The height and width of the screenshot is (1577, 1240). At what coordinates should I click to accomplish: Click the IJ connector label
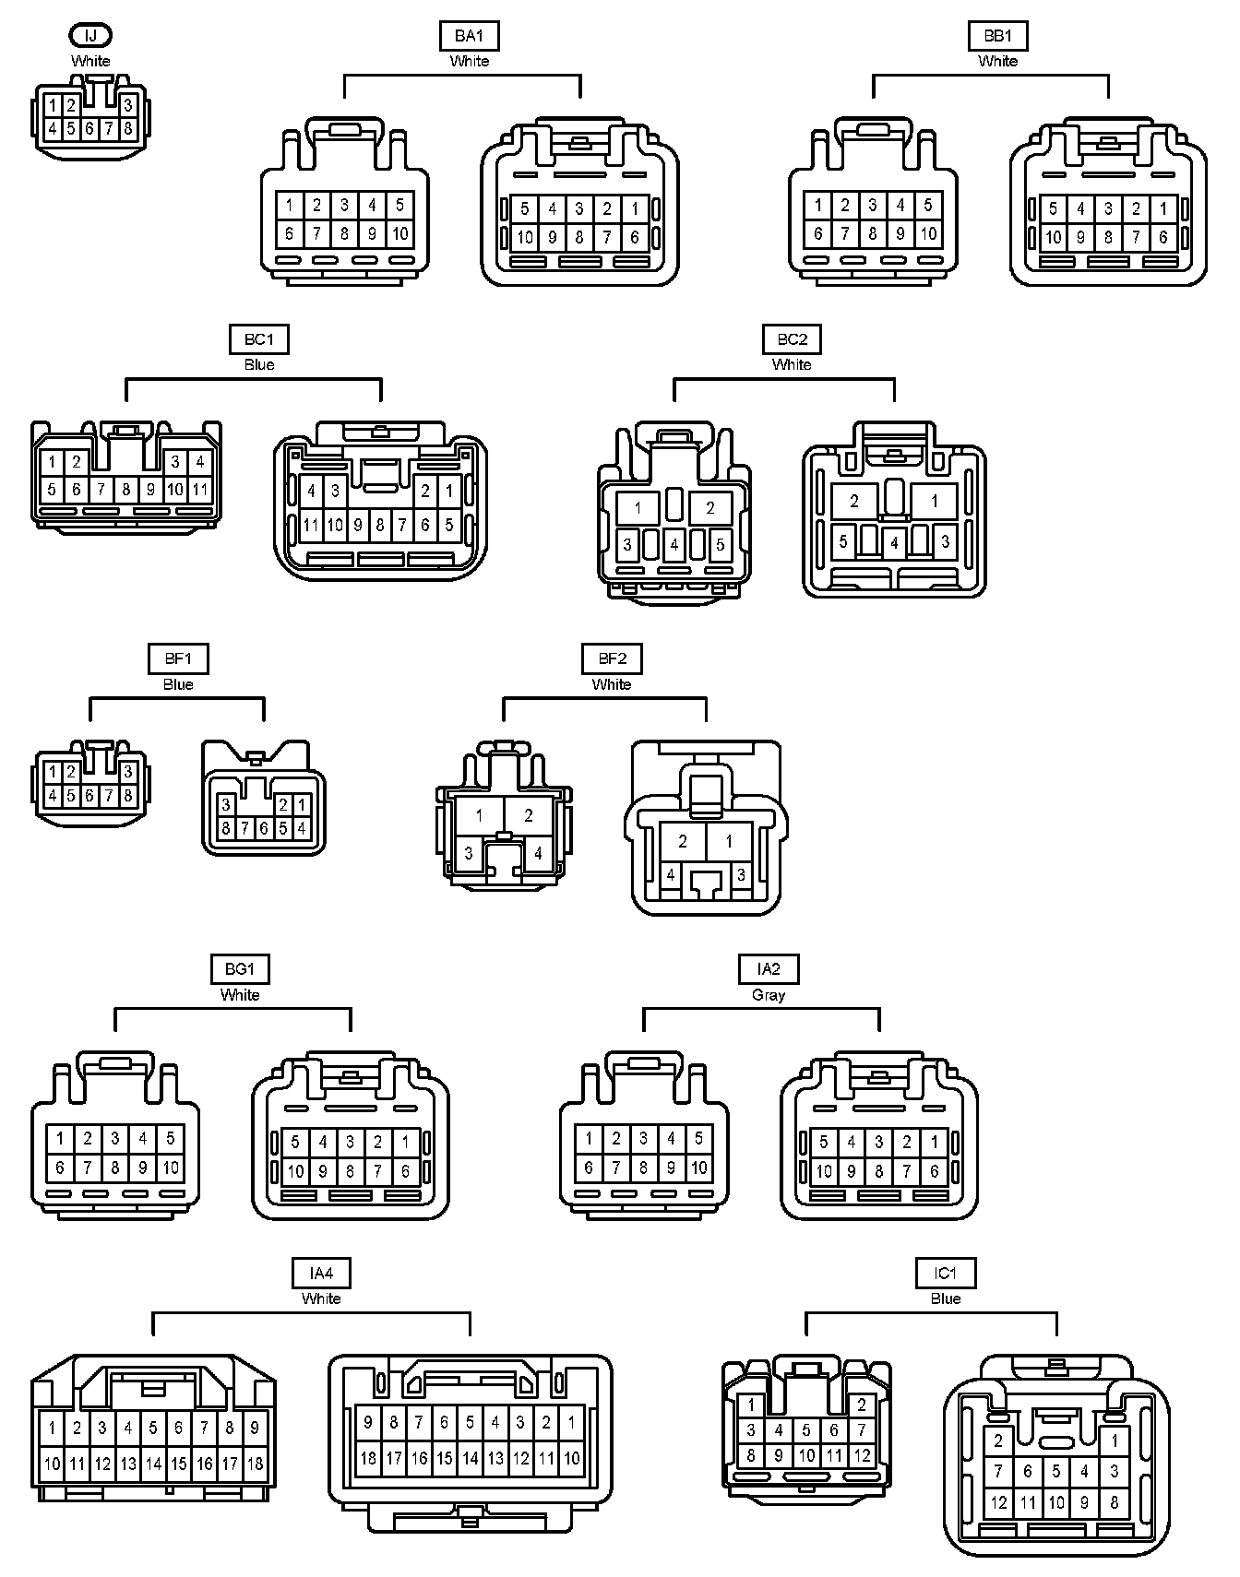[x=90, y=36]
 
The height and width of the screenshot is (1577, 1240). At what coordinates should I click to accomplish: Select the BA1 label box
[x=469, y=36]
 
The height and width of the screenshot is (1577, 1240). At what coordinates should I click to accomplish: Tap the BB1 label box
[x=997, y=36]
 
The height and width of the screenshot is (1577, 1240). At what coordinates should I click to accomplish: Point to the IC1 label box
[x=945, y=1274]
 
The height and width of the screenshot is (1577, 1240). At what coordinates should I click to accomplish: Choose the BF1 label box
[x=178, y=658]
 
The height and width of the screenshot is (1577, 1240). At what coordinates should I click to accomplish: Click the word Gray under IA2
[x=769, y=995]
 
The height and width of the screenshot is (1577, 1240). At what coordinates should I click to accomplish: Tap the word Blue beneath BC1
[x=259, y=364]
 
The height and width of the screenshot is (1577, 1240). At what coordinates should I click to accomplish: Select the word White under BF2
[x=612, y=684]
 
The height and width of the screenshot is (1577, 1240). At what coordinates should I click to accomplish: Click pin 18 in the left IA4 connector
[x=256, y=1464]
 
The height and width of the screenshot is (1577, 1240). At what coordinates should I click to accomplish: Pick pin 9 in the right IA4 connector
[x=368, y=1422]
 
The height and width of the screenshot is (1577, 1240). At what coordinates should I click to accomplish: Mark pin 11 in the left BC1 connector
[x=200, y=490]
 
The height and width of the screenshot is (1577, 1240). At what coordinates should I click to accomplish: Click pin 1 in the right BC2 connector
[x=935, y=502]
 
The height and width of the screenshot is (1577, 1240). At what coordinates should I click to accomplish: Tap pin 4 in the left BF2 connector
[x=539, y=853]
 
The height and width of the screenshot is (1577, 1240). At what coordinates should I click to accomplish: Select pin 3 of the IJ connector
[x=128, y=105]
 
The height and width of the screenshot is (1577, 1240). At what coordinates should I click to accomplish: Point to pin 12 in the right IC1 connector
[x=999, y=1501]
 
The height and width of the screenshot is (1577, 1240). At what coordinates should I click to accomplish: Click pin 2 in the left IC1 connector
[x=862, y=1405]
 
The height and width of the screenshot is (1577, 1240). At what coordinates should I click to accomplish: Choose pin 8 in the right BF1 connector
[x=226, y=829]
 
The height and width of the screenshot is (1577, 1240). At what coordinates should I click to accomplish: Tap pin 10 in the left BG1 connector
[x=171, y=1168]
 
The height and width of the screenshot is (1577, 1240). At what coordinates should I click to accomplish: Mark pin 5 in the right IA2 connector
[x=824, y=1143]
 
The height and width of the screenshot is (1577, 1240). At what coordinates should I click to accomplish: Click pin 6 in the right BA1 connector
[x=635, y=237]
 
